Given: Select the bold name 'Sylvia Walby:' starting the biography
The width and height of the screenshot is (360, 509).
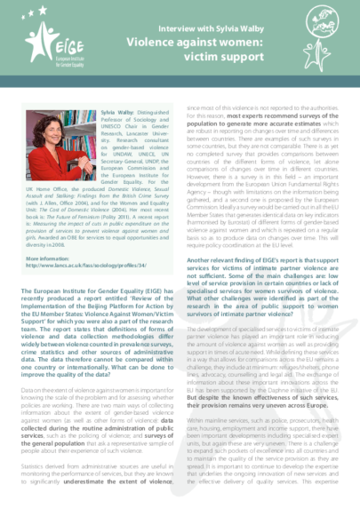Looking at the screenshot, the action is (119, 115).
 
